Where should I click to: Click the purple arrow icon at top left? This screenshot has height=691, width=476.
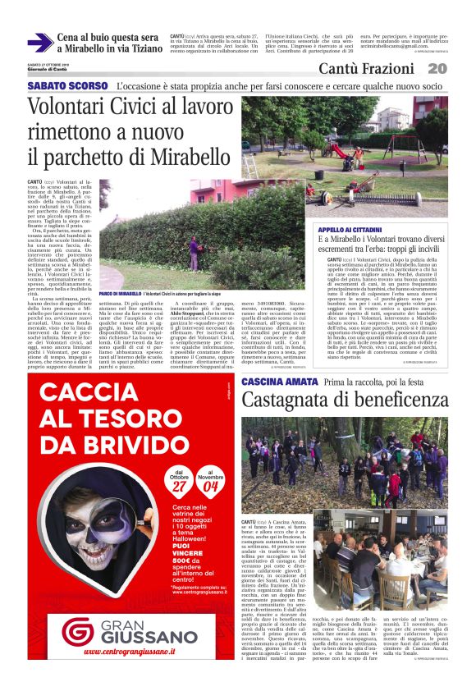click(40, 43)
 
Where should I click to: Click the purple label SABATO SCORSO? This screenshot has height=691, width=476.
click(67, 85)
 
